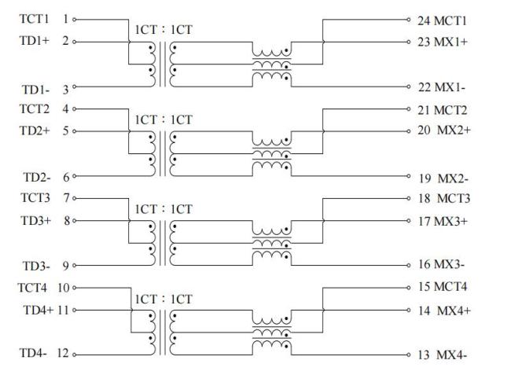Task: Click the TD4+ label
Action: pyautogui.click(x=37, y=311)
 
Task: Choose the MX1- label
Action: pyautogui.click(x=451, y=86)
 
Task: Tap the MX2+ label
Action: pyautogui.click(x=454, y=129)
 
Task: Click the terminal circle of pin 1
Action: pyautogui.click(x=75, y=17)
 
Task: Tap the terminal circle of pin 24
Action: pyautogui.click(x=410, y=18)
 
